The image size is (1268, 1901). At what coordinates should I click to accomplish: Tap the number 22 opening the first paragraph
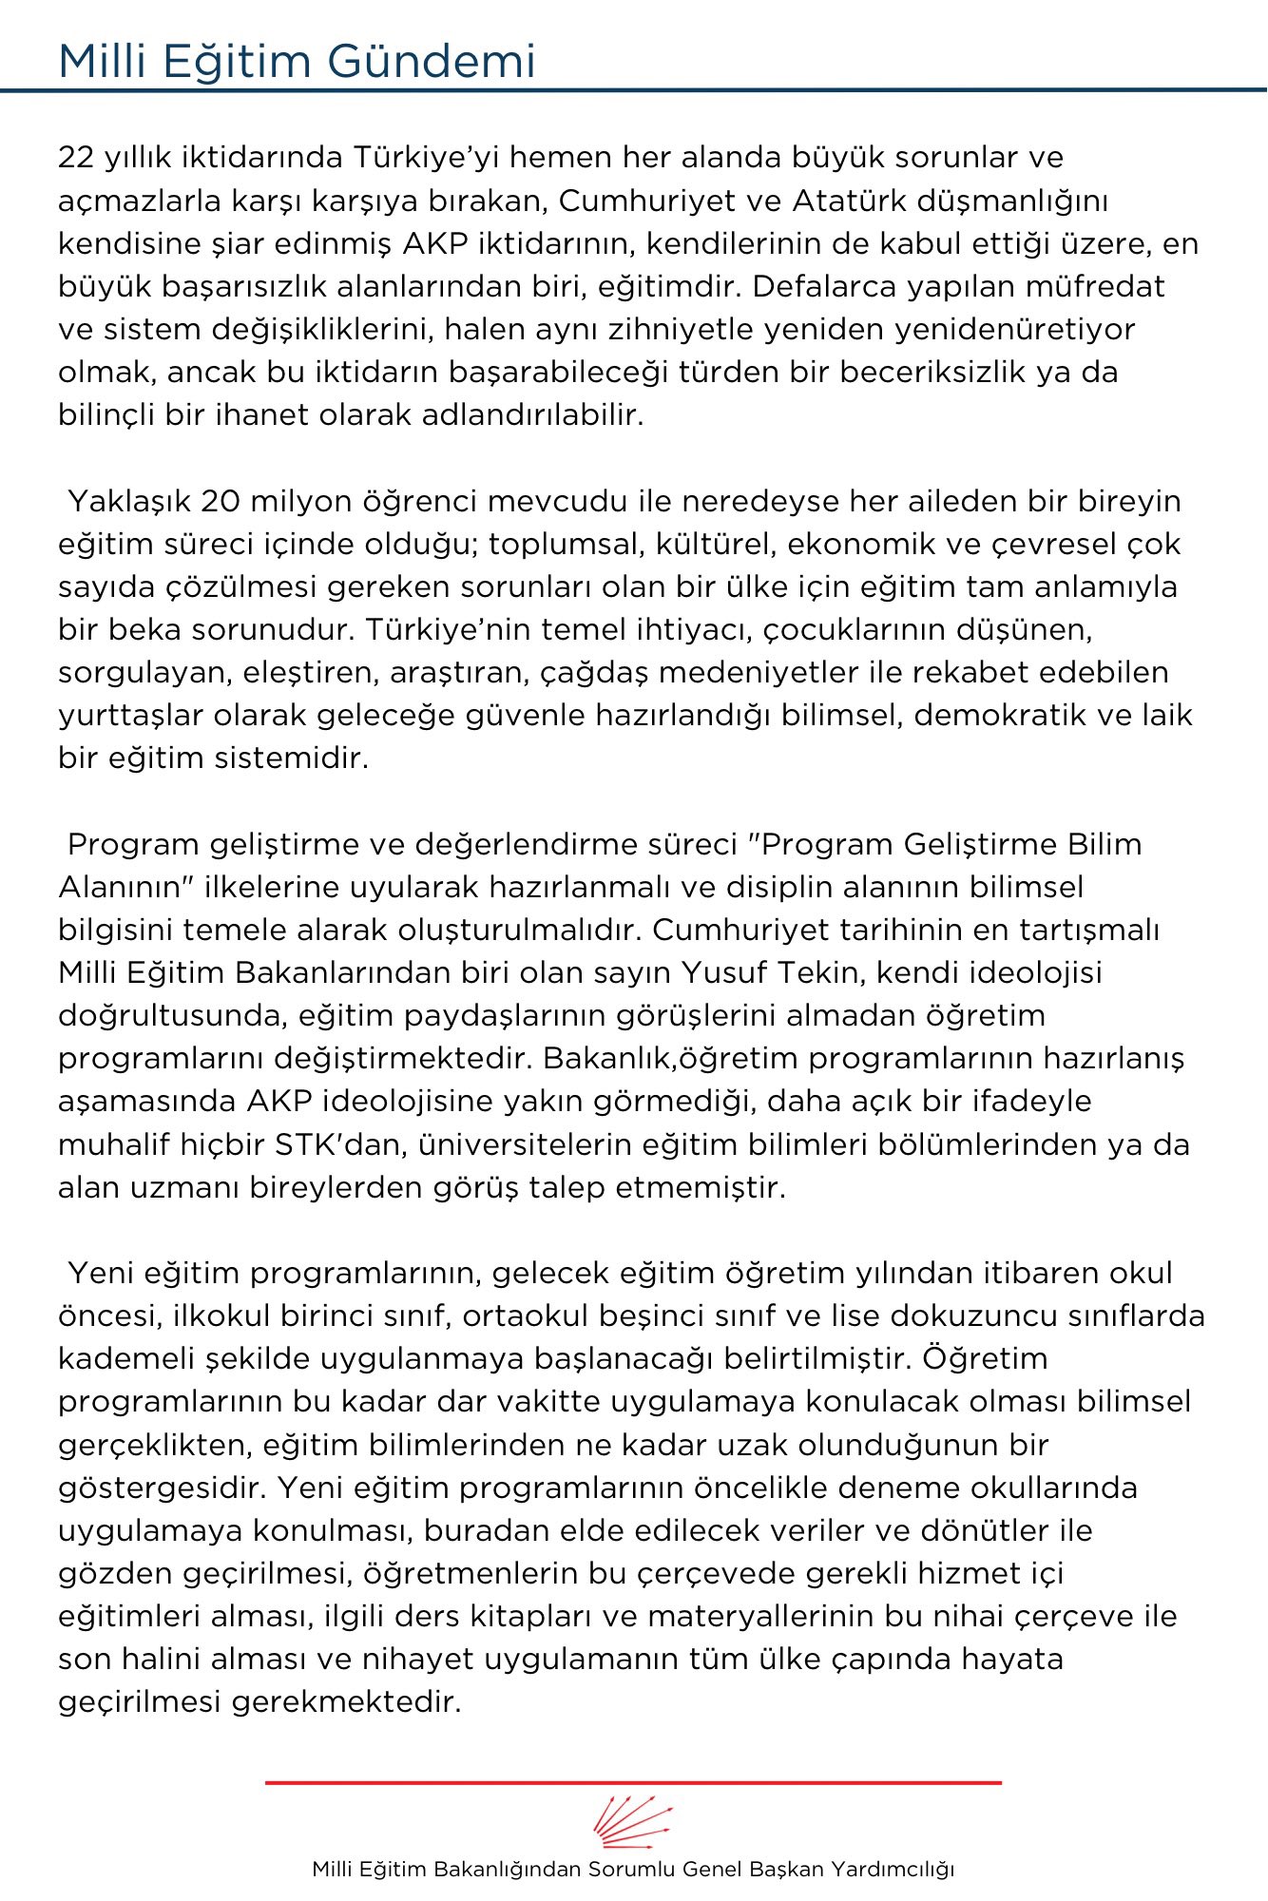pos(75,157)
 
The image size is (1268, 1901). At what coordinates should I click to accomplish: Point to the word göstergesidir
pos(158,1488)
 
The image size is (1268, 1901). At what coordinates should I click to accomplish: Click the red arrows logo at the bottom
pos(633,1821)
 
